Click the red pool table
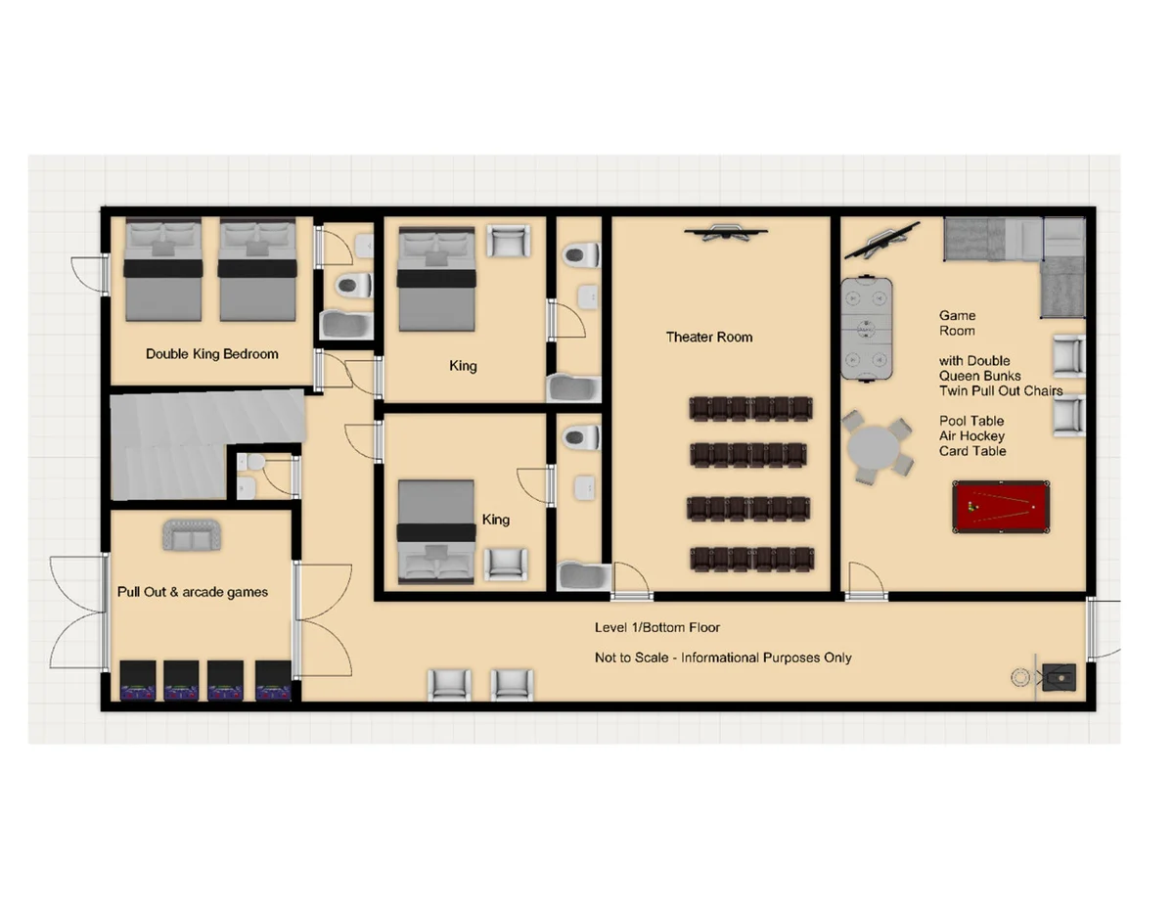(1001, 507)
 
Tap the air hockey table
(866, 329)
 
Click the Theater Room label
(709, 338)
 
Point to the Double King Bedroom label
(211, 354)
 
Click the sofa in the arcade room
(192, 535)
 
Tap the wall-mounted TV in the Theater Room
(725, 232)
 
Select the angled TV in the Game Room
(881, 240)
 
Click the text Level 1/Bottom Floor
(657, 627)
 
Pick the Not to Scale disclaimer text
(723, 658)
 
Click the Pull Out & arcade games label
(193, 592)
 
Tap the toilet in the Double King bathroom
(354, 285)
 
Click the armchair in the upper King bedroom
(508, 241)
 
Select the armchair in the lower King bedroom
(505, 565)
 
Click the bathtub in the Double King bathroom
(346, 325)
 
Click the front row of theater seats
(750, 409)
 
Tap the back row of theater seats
(752, 559)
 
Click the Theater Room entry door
(632, 581)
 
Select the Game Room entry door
(866, 581)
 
